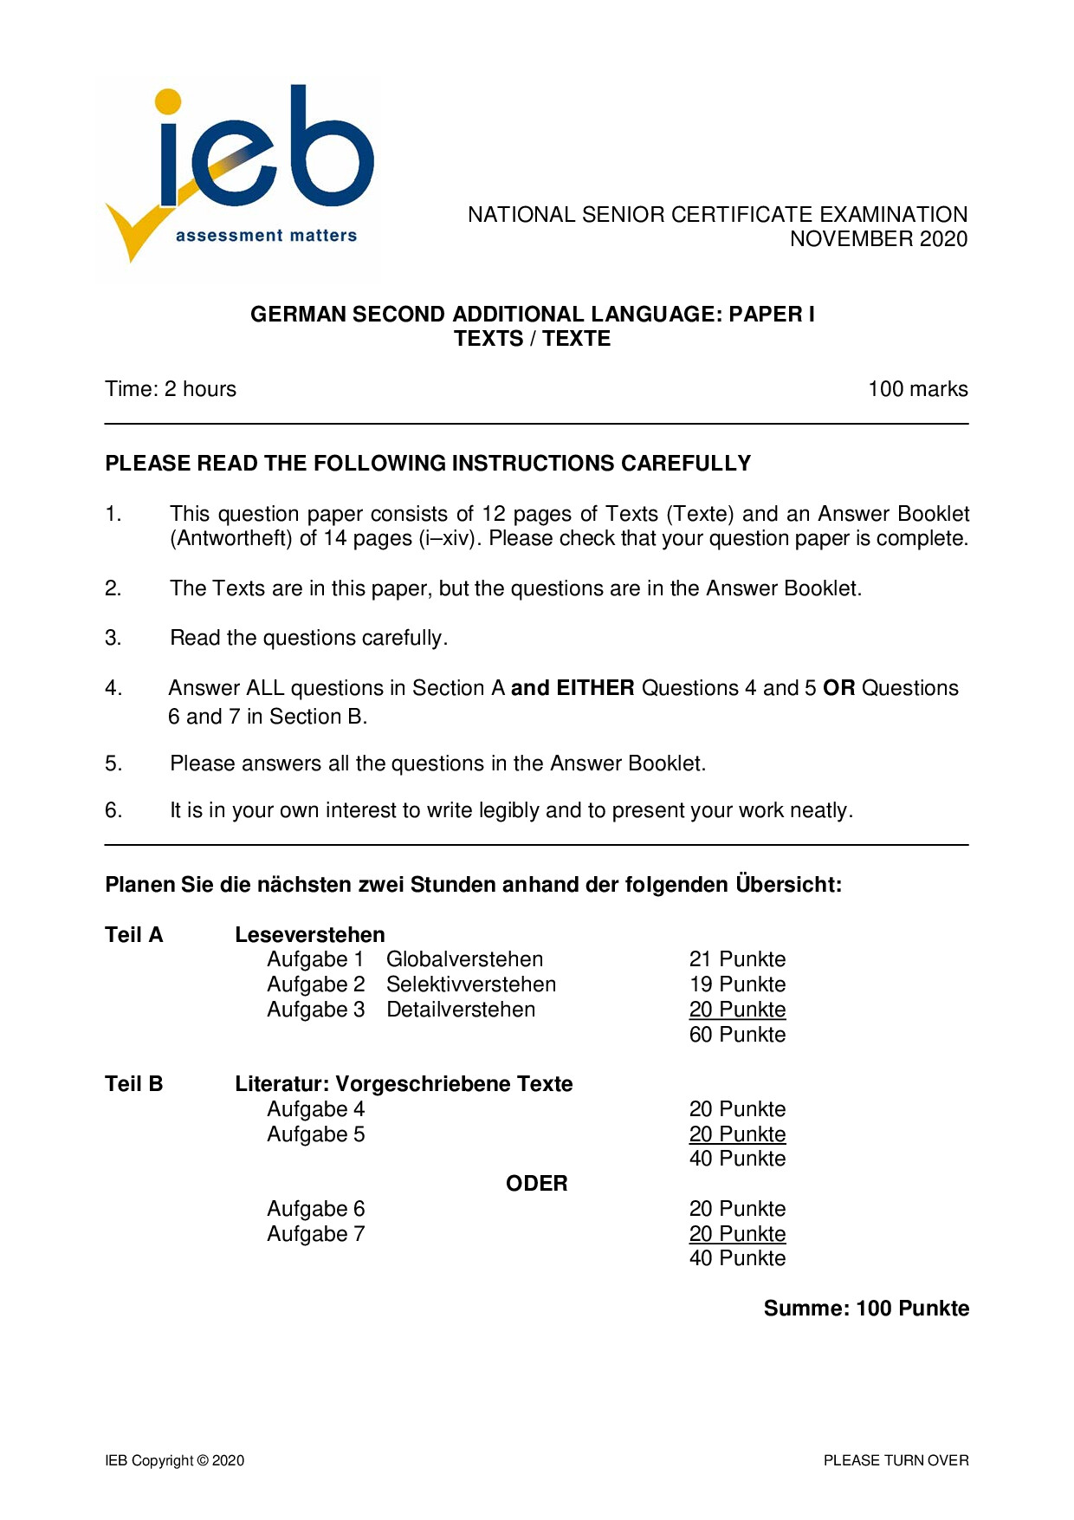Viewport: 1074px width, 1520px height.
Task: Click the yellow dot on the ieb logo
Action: click(168, 101)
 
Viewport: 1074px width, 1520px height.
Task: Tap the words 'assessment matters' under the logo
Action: click(266, 236)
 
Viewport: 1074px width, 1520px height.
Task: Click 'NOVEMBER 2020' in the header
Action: click(878, 239)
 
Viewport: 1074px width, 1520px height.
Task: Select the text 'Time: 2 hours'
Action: click(171, 389)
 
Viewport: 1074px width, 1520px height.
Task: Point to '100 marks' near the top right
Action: click(917, 389)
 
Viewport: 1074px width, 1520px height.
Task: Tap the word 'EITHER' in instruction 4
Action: click(596, 688)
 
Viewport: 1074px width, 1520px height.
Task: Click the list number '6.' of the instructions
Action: click(113, 810)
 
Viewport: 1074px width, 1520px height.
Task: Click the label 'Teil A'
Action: click(134, 935)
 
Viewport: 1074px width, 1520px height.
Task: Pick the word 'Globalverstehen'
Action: click(464, 959)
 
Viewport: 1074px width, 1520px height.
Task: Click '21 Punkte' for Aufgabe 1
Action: click(737, 959)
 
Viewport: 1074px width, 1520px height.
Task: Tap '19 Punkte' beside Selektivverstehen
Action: click(737, 984)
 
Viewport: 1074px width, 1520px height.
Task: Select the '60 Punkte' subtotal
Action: click(737, 1035)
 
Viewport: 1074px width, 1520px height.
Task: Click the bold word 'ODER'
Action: click(536, 1184)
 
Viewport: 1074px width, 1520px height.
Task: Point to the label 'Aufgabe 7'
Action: click(315, 1234)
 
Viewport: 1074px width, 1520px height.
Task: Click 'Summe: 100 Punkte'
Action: click(865, 1309)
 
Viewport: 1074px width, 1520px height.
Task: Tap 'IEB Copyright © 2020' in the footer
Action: click(175, 1460)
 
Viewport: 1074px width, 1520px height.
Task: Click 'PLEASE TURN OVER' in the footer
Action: click(896, 1460)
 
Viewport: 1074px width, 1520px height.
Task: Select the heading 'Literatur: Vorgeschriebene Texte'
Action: click(404, 1084)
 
